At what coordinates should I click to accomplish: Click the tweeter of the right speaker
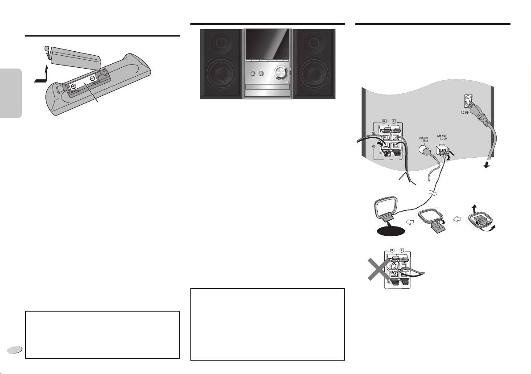tap(314, 43)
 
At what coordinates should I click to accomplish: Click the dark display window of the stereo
tap(268, 44)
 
